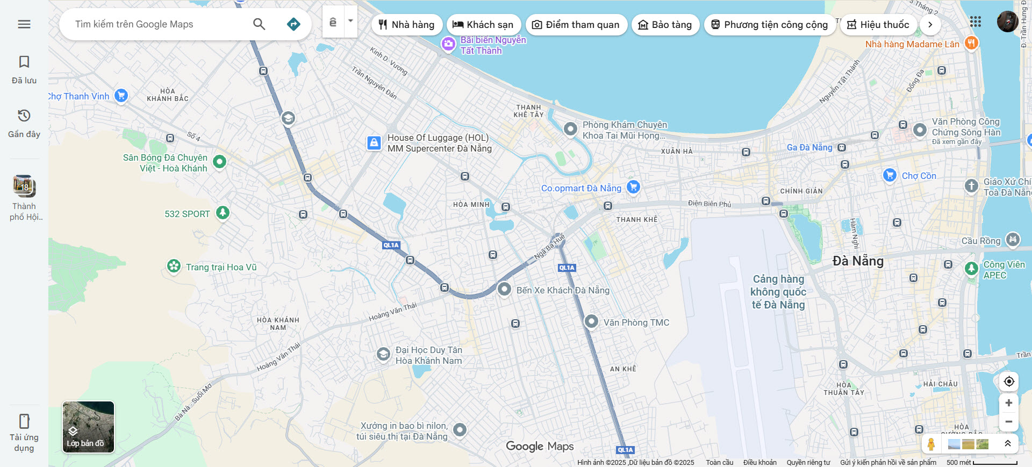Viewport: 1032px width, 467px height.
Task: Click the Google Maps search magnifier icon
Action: point(259,24)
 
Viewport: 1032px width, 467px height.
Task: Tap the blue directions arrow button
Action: point(293,24)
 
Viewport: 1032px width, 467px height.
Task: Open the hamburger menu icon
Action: point(24,24)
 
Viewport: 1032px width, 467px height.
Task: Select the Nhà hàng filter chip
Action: point(407,25)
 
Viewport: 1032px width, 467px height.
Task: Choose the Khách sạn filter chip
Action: point(483,25)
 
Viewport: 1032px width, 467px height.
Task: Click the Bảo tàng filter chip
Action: point(665,25)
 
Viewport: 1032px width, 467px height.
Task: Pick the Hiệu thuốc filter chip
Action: point(878,25)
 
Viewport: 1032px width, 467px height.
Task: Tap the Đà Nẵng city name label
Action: point(858,261)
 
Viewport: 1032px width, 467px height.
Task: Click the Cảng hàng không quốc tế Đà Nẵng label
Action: point(778,292)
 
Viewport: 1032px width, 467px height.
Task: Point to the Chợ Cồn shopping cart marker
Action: point(890,175)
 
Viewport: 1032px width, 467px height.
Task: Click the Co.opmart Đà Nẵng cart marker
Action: point(633,187)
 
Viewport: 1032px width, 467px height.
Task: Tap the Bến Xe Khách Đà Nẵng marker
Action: point(504,289)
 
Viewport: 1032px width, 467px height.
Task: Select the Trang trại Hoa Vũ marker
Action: point(174,266)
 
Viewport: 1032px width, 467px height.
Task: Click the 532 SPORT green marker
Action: point(223,213)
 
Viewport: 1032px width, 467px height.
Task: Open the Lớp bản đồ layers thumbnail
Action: point(88,427)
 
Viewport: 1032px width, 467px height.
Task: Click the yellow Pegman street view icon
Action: point(931,444)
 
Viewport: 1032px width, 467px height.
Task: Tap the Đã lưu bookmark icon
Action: point(24,62)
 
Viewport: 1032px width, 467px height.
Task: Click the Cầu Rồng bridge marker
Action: point(1013,240)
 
